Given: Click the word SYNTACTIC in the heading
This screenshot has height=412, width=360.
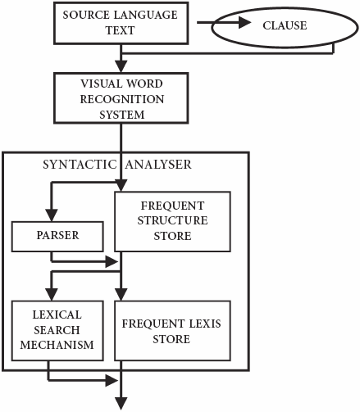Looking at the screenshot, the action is [80, 165].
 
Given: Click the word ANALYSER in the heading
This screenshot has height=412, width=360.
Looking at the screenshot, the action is [158, 165].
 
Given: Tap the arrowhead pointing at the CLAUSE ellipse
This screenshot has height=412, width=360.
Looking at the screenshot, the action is [244, 23].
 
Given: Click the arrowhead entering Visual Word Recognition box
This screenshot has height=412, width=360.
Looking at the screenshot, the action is [121, 66].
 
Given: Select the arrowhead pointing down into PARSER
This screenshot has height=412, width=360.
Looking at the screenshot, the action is [52, 215].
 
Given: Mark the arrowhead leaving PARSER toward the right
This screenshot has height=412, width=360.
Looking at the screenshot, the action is [112, 262].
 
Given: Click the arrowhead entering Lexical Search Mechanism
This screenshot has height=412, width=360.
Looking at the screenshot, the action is [52, 295].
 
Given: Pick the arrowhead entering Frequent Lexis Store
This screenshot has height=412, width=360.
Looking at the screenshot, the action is [121, 295].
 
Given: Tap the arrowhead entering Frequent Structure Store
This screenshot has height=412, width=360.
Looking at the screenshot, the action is [121, 186].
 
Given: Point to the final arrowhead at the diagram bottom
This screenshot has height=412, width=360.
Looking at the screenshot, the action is [121, 404].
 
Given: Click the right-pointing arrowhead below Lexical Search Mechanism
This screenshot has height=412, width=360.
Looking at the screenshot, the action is [112, 381].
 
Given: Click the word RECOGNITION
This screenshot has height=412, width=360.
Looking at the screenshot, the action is [122, 99].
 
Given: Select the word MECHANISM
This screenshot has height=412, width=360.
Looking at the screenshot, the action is [57, 345].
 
